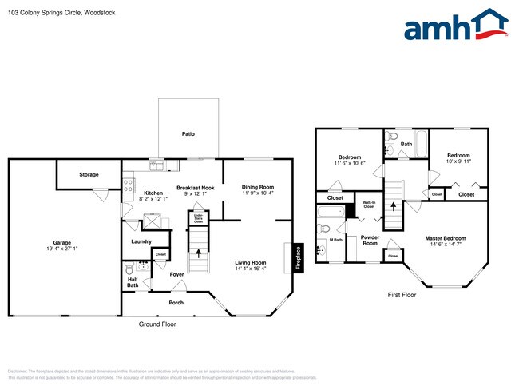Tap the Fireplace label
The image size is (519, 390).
click(x=298, y=258)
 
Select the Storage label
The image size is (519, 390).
click(x=89, y=174)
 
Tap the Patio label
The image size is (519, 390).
click(x=188, y=134)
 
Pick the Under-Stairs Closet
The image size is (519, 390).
click(x=197, y=217)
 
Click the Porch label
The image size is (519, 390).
click(x=176, y=303)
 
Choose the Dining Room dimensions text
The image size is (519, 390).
click(x=258, y=193)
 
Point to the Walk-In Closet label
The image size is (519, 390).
click(x=369, y=205)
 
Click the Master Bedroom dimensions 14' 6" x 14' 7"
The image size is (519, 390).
click(x=446, y=245)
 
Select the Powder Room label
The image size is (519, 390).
click(x=370, y=240)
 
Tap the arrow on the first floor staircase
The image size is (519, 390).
click(x=393, y=205)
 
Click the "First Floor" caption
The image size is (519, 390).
click(x=402, y=295)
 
